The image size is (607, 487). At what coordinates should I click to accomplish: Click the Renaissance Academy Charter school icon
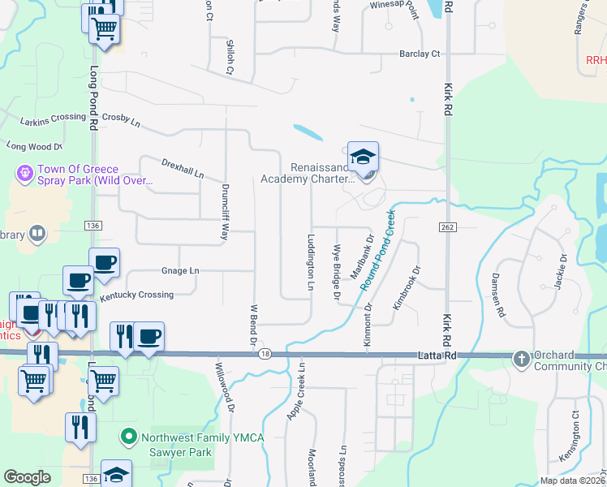[363, 156]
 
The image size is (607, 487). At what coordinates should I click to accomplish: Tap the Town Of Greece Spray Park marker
[24, 173]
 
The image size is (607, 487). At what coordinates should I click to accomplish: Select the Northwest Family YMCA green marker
[128, 437]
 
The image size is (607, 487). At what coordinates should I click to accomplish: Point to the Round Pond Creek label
[378, 252]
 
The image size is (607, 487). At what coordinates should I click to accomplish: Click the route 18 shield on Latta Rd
[265, 354]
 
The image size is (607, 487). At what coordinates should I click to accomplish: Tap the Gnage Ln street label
[180, 270]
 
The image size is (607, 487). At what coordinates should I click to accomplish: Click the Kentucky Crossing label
[136, 295]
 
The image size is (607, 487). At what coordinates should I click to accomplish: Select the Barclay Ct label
[419, 54]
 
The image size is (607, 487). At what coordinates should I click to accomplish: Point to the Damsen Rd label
[498, 294]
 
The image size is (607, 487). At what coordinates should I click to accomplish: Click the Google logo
[28, 477]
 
